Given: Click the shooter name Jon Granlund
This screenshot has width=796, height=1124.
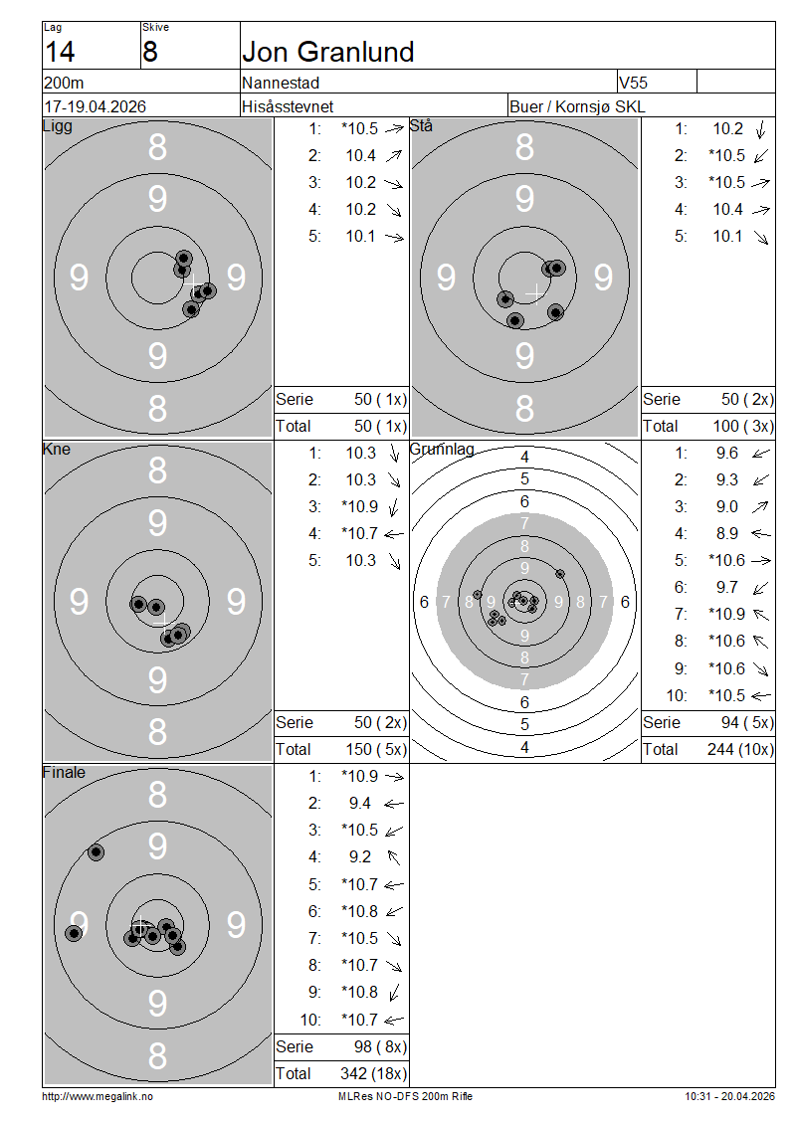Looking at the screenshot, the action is (327, 52).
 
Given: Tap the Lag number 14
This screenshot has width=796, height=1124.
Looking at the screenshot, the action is (60, 52).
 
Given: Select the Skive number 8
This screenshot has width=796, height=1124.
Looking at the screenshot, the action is (150, 52).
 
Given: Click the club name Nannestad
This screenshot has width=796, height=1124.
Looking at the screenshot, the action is (281, 83).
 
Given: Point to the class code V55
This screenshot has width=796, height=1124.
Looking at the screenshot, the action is (633, 83).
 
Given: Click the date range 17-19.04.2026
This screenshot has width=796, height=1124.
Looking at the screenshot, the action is (96, 106).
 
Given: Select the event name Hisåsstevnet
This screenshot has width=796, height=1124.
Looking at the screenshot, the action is (288, 106).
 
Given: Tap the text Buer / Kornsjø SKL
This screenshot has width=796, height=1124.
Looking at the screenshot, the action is (577, 106).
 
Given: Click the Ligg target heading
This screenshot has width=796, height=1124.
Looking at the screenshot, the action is (58, 126).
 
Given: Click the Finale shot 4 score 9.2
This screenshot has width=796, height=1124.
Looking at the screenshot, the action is (360, 856).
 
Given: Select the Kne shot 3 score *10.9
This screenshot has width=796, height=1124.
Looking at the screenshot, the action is (359, 507).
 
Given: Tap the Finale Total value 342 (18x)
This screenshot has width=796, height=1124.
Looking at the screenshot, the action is (373, 1073).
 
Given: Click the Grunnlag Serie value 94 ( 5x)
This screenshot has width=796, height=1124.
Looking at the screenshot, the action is (747, 722).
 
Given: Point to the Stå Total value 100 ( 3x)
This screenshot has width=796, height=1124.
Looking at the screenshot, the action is (743, 426).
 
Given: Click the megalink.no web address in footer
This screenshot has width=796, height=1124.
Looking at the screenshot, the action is (98, 1096).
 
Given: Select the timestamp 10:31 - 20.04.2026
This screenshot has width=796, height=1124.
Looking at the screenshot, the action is (729, 1096).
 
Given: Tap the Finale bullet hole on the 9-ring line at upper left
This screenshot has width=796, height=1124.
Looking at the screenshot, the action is (96, 852).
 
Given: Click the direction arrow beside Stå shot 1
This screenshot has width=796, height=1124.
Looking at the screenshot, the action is (761, 129).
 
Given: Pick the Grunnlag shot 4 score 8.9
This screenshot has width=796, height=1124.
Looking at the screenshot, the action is (727, 533).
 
